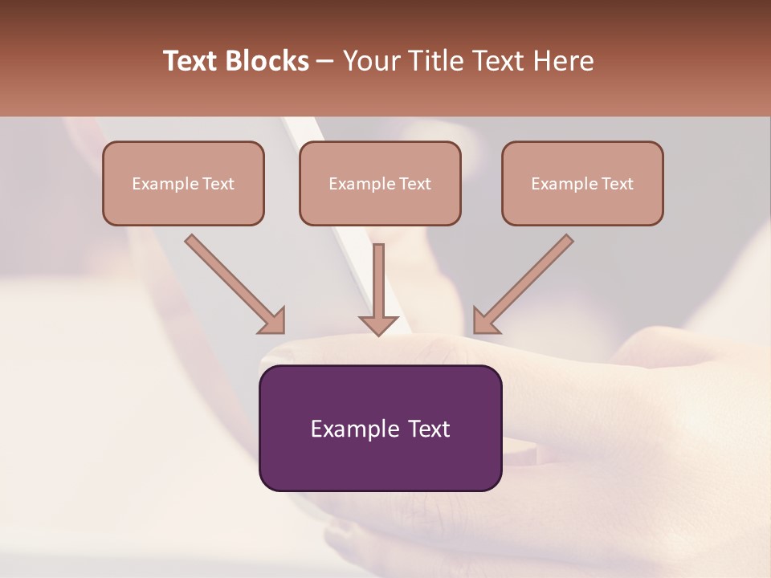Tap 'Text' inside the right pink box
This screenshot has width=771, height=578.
click(617, 184)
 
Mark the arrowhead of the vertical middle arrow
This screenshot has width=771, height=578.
click(378, 324)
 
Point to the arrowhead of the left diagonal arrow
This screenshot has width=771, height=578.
click(273, 320)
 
